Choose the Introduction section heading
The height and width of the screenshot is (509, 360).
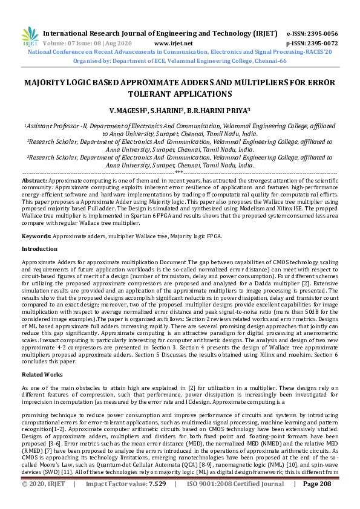click(40, 249)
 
